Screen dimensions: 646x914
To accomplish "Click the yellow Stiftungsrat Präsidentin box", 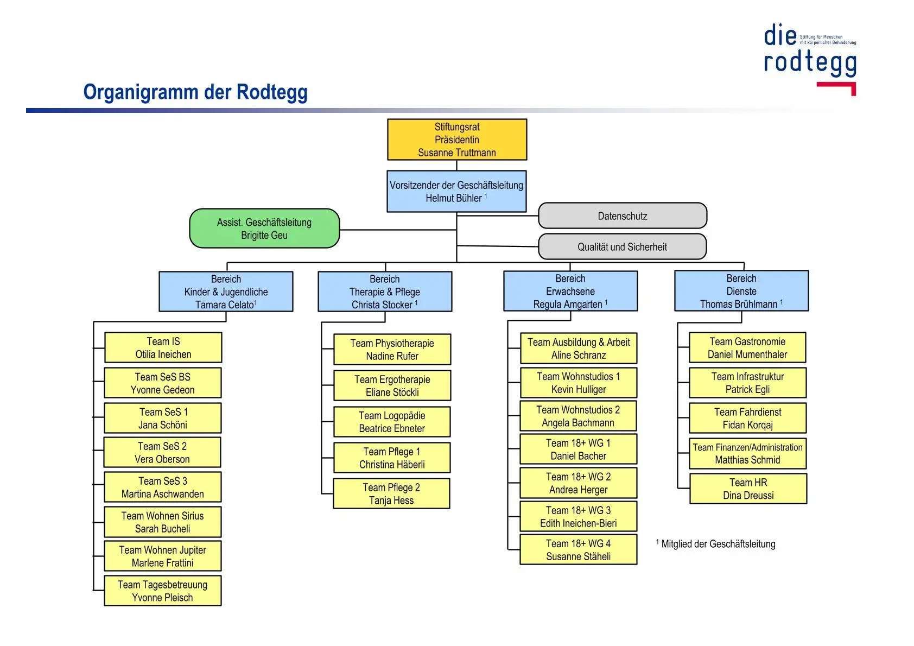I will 456,140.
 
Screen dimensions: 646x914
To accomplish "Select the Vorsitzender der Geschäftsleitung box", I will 456,192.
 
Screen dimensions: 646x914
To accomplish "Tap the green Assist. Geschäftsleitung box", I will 264,229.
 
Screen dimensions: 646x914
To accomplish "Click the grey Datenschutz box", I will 623,216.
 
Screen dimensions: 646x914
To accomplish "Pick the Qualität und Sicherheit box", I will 623,247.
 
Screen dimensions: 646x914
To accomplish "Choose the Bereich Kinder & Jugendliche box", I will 226,292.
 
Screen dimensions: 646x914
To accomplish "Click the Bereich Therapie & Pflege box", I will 385,292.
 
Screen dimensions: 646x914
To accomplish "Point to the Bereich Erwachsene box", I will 570,291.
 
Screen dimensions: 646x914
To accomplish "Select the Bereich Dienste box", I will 741,291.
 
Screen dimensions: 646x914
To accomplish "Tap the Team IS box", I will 163,347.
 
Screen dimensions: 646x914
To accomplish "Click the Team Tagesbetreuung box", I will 163,591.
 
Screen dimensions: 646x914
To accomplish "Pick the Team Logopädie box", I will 392,422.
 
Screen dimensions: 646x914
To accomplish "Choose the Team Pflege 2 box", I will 391,493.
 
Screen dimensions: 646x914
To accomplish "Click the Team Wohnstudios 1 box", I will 579,383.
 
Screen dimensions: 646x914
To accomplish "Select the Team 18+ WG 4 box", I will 579,549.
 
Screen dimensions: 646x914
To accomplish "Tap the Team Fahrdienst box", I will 748,418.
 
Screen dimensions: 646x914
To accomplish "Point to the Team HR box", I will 748,489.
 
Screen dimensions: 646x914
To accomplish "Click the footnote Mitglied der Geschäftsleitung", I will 718,544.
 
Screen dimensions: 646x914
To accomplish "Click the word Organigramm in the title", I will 141,92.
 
